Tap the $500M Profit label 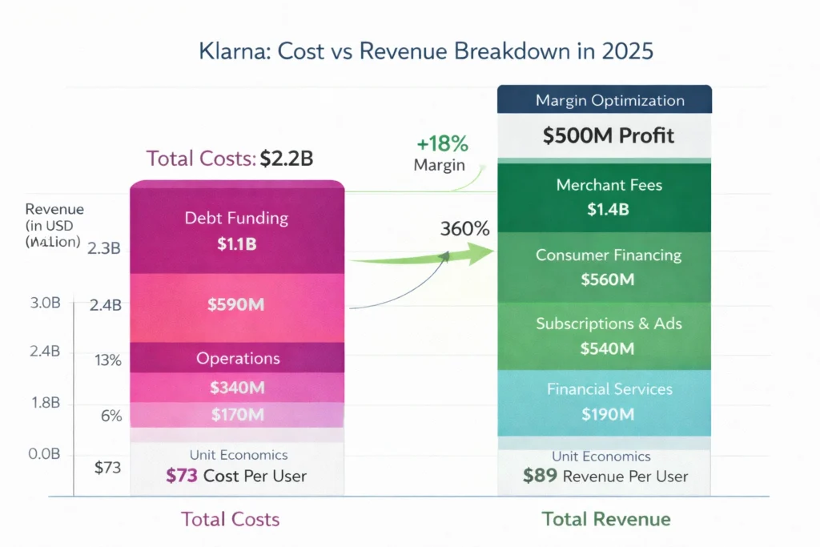tap(609, 135)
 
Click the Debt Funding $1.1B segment tap(236, 231)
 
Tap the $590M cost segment tap(236, 305)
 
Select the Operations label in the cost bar tap(238, 358)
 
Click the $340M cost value tap(236, 388)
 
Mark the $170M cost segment tap(236, 414)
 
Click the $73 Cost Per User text tap(236, 475)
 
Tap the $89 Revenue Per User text tap(605, 476)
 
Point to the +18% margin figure tap(442, 145)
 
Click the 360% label tap(464, 229)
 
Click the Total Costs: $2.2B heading tap(230, 159)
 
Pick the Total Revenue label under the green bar tap(606, 519)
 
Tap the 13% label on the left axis tap(107, 360)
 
